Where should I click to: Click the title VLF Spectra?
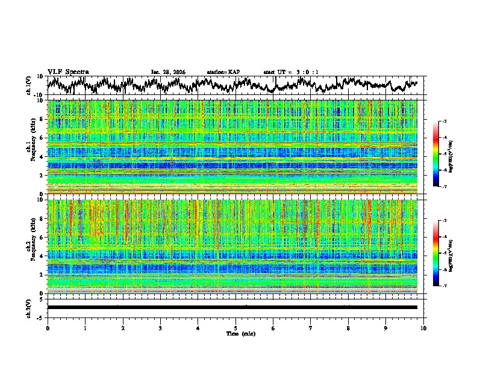(68, 72)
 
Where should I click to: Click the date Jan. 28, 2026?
(168, 72)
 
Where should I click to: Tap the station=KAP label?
(223, 72)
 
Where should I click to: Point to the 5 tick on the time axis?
(235, 328)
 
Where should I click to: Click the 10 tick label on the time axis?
(423, 328)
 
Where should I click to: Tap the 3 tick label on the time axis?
(160, 328)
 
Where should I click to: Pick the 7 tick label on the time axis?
(311, 328)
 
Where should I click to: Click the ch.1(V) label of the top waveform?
(29, 85)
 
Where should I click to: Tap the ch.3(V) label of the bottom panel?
(29, 307)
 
